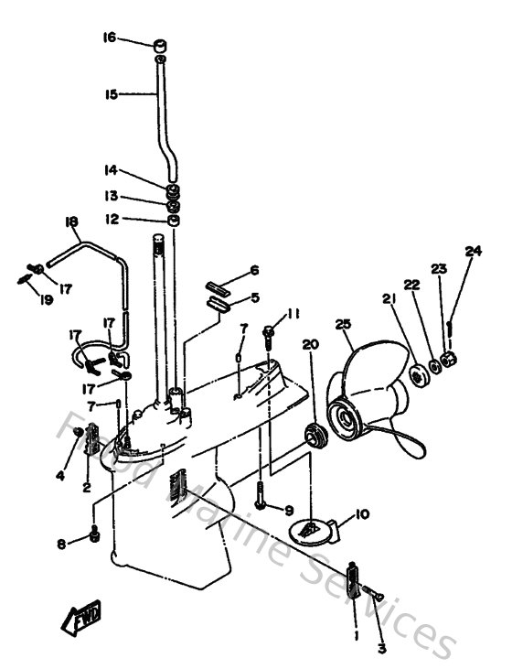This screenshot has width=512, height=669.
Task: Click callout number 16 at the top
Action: point(109,38)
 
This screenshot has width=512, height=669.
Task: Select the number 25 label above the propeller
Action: point(343,325)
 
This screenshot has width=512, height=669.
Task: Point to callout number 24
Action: point(473,251)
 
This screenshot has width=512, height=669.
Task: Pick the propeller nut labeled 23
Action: point(449,358)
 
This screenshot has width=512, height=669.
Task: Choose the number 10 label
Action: point(362,514)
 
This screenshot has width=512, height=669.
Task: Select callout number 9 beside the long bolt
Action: point(289,510)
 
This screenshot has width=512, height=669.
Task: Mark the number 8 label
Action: point(62,544)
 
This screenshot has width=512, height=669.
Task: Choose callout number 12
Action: point(111,219)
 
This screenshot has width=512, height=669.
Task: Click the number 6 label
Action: point(255,270)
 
